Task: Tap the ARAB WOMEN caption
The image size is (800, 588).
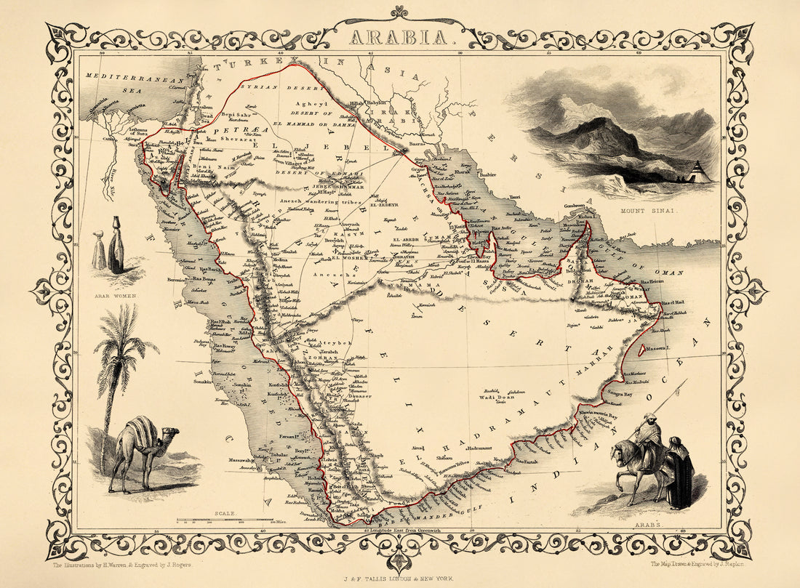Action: point(116,297)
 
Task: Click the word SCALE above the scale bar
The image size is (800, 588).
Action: point(224,513)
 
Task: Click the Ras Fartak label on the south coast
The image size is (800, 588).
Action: point(528,461)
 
